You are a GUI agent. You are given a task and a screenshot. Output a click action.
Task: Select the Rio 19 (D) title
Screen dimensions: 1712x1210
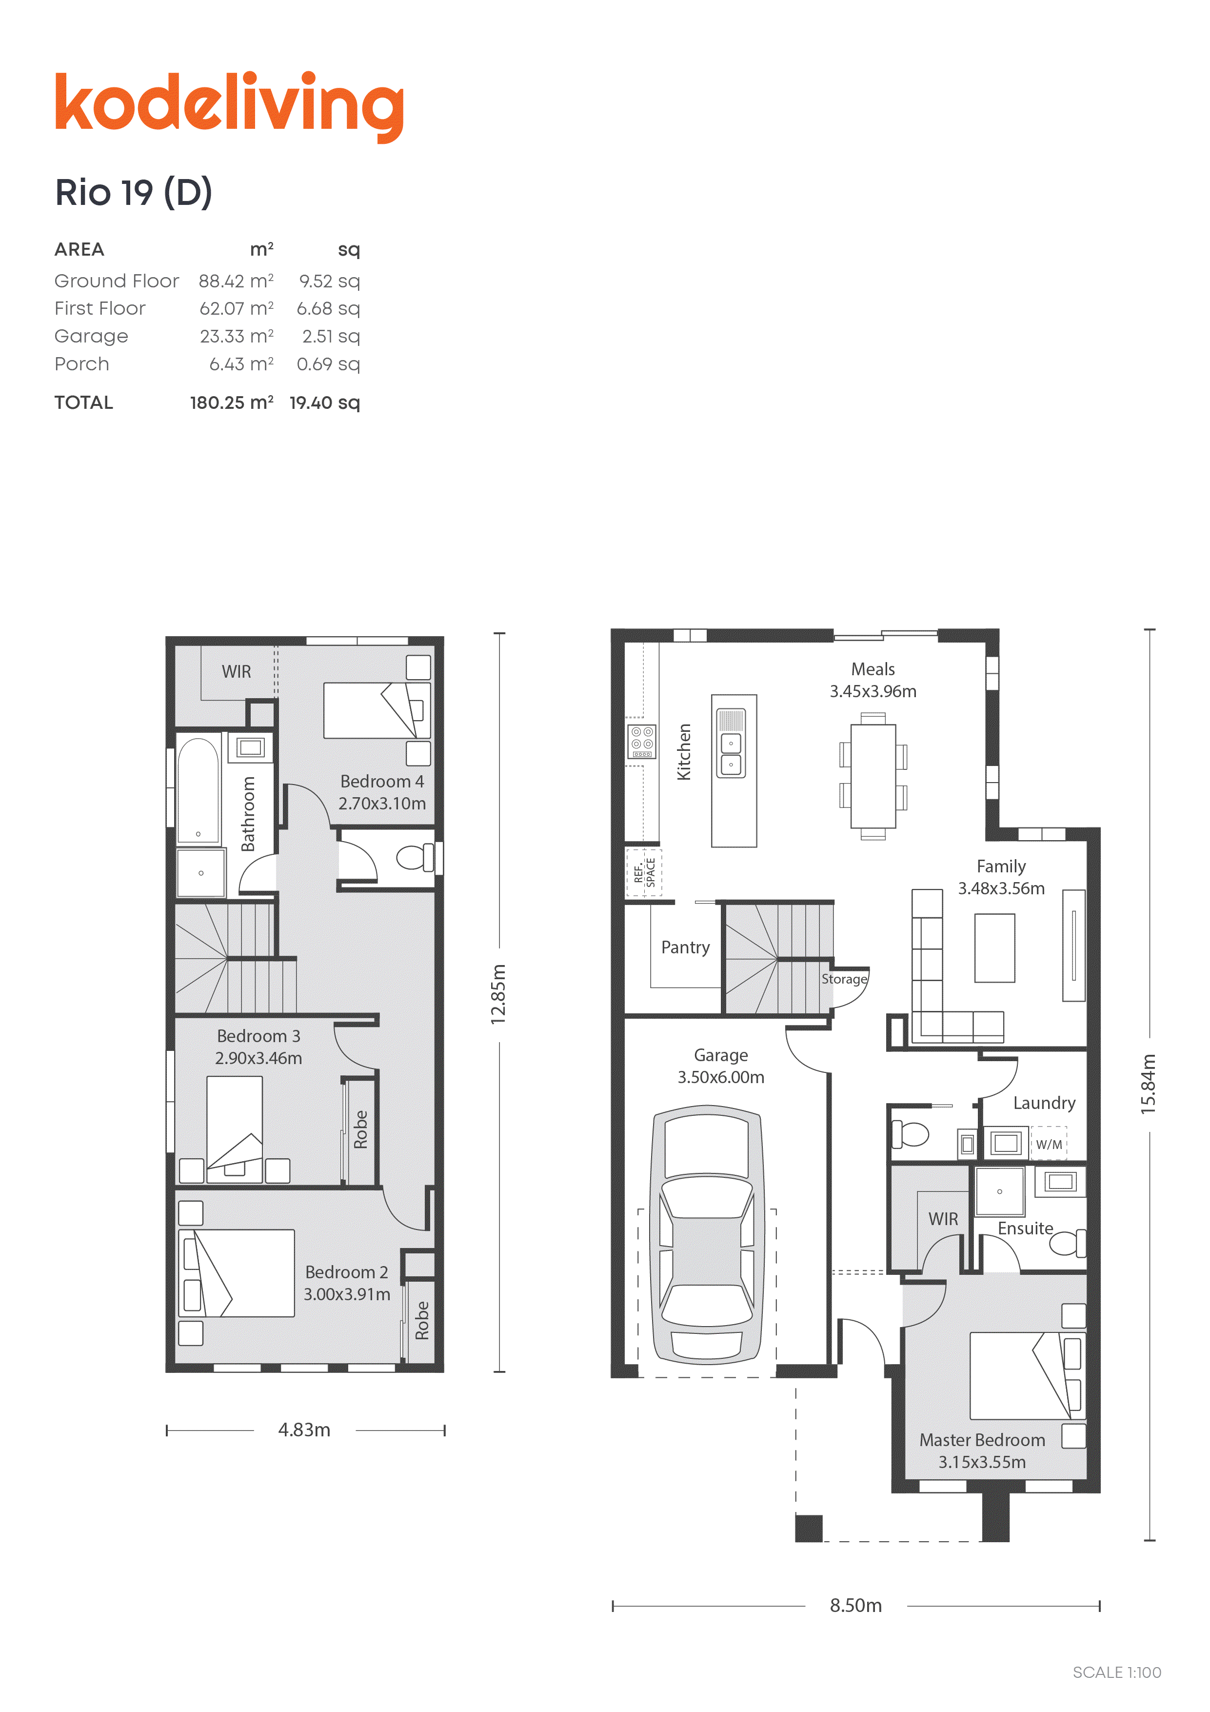[x=134, y=192]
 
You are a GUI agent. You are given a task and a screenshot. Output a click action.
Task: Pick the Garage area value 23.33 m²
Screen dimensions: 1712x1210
[x=236, y=336]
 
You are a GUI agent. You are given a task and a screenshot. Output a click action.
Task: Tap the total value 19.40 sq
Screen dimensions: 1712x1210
[x=324, y=403]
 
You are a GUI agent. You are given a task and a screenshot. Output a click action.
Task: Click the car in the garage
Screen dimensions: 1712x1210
[x=707, y=1235]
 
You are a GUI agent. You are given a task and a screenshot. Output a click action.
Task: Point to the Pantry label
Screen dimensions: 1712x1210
[x=685, y=947]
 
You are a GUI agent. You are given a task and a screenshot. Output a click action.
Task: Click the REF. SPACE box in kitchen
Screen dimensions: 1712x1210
[x=643, y=872]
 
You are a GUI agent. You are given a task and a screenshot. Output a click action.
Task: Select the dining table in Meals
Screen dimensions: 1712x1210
[x=873, y=776]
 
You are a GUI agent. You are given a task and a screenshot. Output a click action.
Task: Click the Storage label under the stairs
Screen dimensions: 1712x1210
[x=844, y=979]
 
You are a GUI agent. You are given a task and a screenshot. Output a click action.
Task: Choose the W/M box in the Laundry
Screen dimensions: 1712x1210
[x=1048, y=1144]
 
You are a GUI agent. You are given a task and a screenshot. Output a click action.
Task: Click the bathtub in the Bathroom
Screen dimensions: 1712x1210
[x=198, y=790]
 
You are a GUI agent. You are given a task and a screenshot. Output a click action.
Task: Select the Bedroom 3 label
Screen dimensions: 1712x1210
[x=258, y=1036]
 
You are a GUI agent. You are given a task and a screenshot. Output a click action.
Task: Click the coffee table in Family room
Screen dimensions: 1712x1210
[x=994, y=947]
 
